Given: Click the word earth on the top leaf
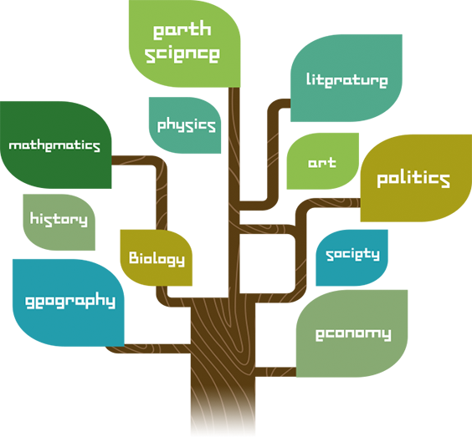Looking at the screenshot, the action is pos(182,30).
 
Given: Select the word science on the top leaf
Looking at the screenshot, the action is pos(182,54).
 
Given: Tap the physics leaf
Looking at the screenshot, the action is pos(185,125).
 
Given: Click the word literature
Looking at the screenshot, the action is pos(346,80).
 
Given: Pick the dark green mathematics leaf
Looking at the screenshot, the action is pos(56,145).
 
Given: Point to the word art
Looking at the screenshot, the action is pos(322,163).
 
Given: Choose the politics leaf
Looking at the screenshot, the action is pos(416,178).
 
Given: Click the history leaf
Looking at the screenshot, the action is pos(59,222).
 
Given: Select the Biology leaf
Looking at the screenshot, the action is pos(156,258).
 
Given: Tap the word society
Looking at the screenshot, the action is pos(352,255).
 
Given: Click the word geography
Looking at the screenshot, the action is pos(70,302).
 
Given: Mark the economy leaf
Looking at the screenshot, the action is pos(351,333).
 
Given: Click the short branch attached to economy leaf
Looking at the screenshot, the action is pos(275,372).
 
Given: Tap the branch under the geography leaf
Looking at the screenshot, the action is pos(148,348).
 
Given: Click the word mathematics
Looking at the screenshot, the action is pos(54,145).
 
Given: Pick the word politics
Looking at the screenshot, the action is pos(413,179).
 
